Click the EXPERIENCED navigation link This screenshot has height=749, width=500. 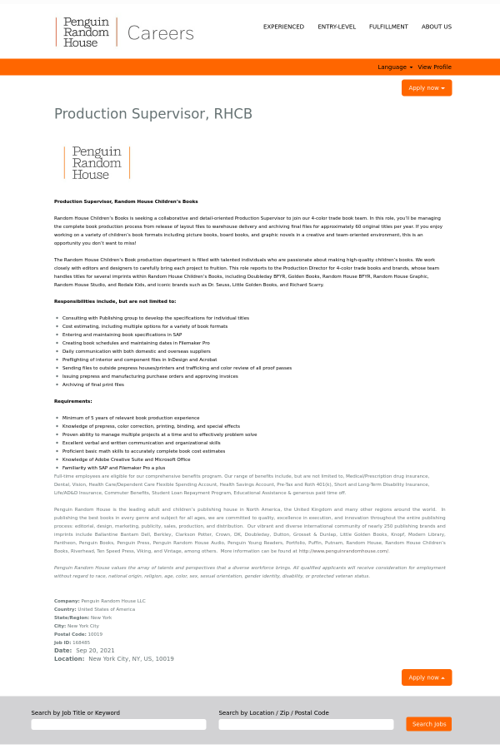pyautogui.click(x=283, y=27)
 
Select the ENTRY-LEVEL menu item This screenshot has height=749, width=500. pyautogui.click(x=337, y=27)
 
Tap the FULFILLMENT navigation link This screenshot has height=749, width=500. pyautogui.click(x=388, y=27)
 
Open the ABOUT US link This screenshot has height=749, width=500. pyautogui.click(x=436, y=27)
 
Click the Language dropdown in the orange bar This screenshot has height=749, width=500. pyautogui.click(x=394, y=67)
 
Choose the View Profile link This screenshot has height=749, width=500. pyautogui.click(x=434, y=67)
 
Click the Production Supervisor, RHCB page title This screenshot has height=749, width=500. pyautogui.click(x=152, y=114)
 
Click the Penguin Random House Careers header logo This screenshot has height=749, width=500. pyautogui.click(x=124, y=32)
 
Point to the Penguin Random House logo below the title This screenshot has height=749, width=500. pyautogui.click(x=97, y=162)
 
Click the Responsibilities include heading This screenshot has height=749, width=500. pyautogui.click(x=115, y=301)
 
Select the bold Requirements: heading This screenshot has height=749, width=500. pyautogui.click(x=73, y=401)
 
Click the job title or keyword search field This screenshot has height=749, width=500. pyautogui.click(x=118, y=725)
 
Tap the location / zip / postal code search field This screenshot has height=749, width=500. pyautogui.click(x=306, y=725)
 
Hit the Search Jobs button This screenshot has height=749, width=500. pyautogui.click(x=428, y=724)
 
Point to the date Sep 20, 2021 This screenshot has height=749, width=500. pyautogui.click(x=95, y=651)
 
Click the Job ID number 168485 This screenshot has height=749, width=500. pyautogui.click(x=81, y=642)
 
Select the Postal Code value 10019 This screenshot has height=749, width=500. pyautogui.click(x=95, y=634)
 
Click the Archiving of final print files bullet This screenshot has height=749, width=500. pyautogui.click(x=92, y=384)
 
